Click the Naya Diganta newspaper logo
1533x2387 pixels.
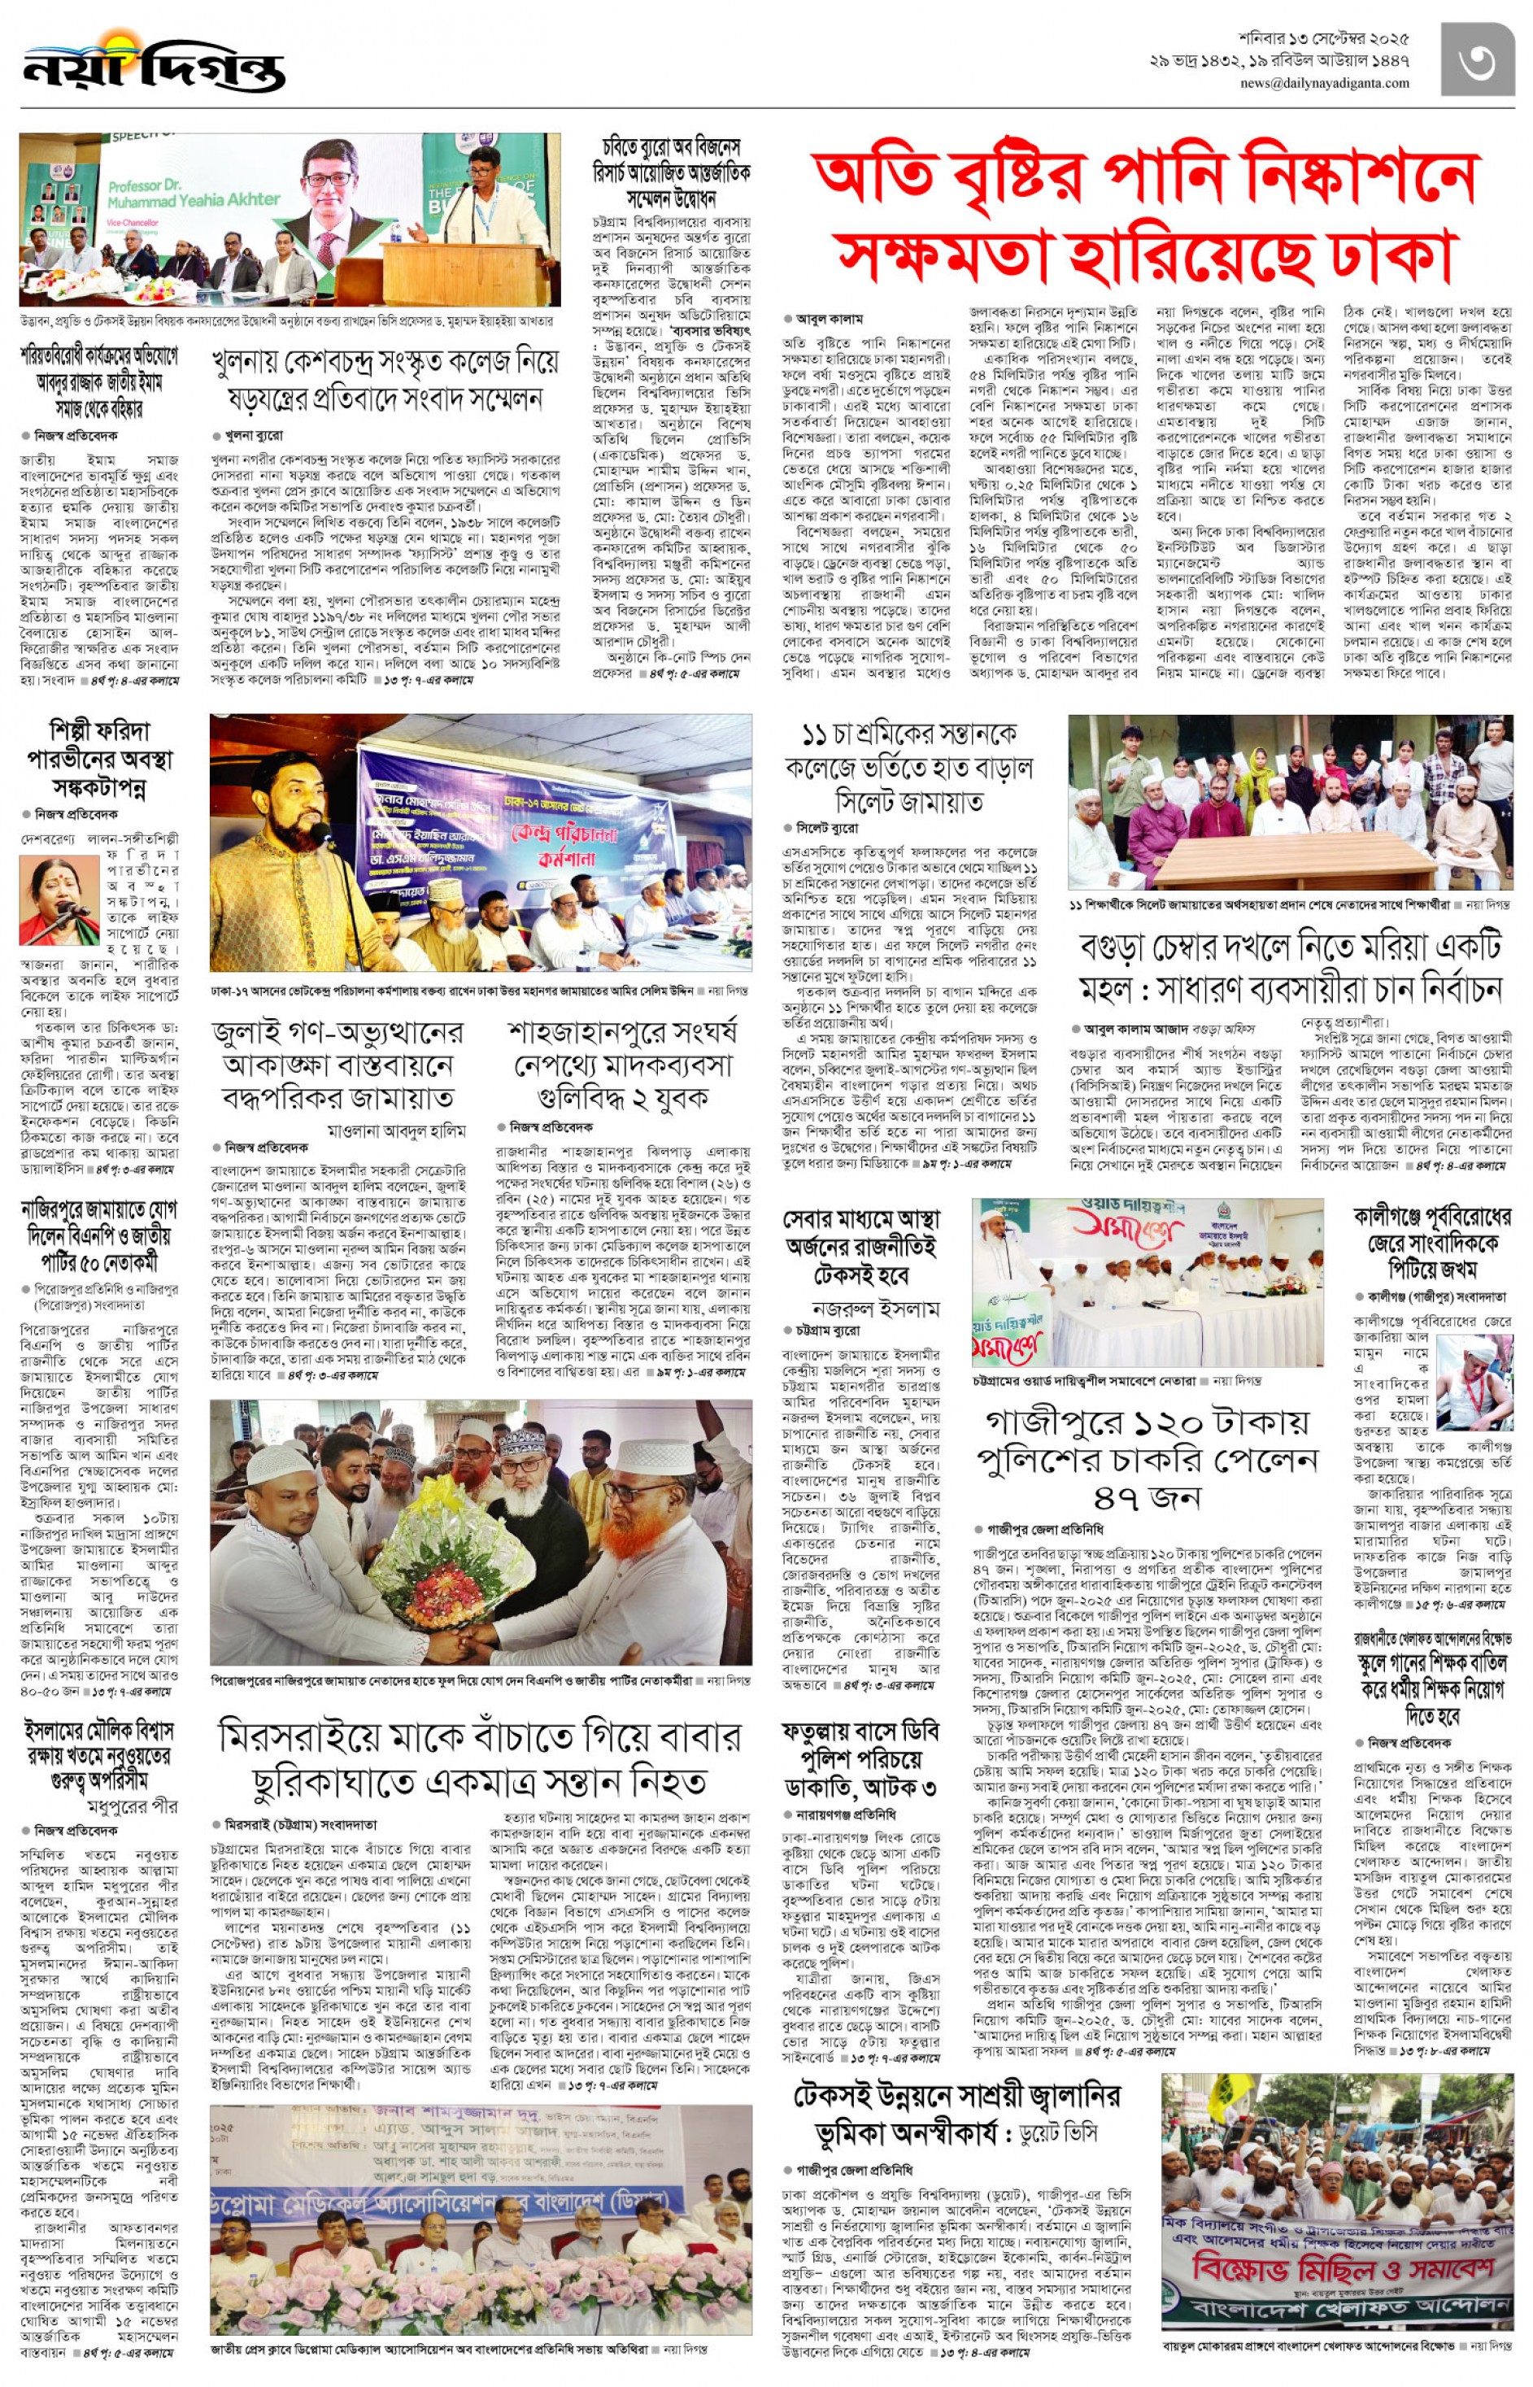155,65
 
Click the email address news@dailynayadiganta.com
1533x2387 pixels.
1324,84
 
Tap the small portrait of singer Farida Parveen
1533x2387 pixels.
59,899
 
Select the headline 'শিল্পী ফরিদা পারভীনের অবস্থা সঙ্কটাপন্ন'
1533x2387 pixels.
99,760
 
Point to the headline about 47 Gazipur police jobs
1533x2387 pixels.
1147,1458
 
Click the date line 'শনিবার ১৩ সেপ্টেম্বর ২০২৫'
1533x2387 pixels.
1334,39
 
